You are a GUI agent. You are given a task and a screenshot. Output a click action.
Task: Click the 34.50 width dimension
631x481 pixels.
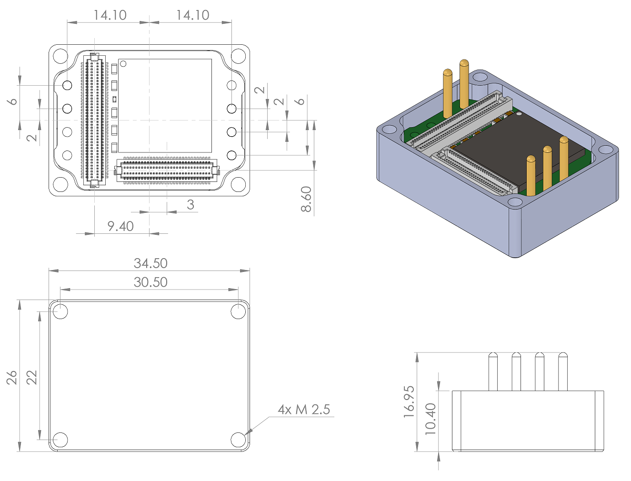[x=150, y=263]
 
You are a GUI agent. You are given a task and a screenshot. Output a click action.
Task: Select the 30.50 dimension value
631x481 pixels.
[x=150, y=282]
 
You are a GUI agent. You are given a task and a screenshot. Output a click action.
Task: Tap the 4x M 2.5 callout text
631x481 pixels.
[x=304, y=410]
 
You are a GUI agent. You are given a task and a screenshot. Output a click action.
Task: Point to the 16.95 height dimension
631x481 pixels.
[x=409, y=402]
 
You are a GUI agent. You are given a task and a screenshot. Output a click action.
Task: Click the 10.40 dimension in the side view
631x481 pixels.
[x=431, y=419]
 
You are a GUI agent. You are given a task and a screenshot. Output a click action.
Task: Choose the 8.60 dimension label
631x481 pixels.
[x=306, y=199]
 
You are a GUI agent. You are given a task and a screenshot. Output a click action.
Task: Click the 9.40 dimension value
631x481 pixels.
[x=120, y=226]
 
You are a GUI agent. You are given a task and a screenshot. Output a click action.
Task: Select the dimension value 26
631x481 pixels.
[x=12, y=378]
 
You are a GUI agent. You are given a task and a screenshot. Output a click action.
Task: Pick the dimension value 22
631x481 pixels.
[x=31, y=378]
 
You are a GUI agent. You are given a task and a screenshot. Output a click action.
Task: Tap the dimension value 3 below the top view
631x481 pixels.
[x=190, y=205]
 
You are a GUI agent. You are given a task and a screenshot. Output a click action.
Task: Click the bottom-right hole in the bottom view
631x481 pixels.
[x=238, y=440]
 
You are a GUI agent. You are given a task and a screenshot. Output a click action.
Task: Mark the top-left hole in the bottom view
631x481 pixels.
[x=60, y=312]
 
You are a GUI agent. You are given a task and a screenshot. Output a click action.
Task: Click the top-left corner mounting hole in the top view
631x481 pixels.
[x=60, y=56]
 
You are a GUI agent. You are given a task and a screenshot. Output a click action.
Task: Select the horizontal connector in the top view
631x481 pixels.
[x=166, y=170]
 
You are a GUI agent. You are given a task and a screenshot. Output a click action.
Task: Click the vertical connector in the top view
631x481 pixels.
[x=94, y=120]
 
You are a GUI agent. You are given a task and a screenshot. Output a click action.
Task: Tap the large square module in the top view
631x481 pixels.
[x=165, y=105]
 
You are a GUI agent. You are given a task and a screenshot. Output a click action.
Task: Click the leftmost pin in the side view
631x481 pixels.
[x=493, y=371]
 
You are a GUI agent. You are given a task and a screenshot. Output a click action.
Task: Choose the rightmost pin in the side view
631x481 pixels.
[x=563, y=371]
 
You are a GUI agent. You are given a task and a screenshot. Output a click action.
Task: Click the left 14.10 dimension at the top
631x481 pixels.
[x=110, y=15]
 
